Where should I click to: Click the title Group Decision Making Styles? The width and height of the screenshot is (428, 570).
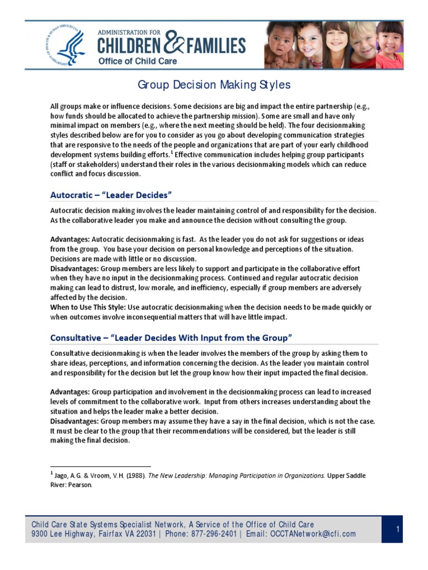214,85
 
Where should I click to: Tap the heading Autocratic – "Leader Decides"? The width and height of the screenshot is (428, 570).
111,195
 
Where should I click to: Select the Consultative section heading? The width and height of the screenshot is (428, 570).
171,337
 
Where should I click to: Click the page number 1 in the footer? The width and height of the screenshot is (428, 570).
398,529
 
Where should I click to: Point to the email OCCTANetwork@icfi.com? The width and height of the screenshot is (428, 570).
313,534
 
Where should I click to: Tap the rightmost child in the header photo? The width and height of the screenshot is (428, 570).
390,45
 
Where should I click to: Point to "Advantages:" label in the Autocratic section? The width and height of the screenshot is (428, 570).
70,239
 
